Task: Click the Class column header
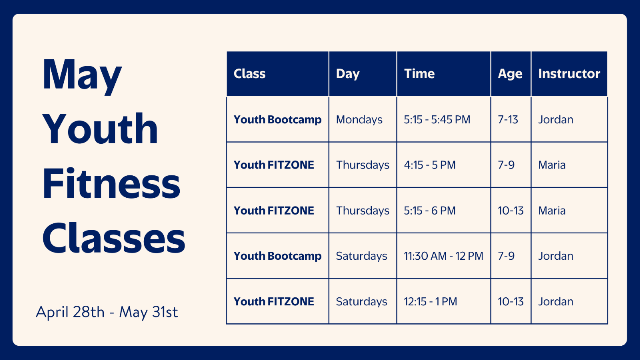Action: click(249, 74)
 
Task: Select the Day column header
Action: click(348, 74)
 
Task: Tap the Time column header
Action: click(419, 74)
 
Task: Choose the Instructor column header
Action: click(569, 74)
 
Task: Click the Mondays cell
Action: click(359, 120)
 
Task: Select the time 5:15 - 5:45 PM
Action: click(437, 119)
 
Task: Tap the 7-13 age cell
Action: click(508, 119)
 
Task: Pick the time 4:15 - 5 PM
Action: click(430, 165)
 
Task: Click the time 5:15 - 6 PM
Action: click(430, 211)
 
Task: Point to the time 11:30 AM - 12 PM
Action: click(443, 256)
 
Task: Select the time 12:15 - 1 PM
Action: click(431, 301)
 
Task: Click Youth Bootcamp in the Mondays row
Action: click(277, 120)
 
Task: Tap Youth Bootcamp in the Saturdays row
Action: click(277, 256)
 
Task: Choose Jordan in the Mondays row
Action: click(556, 119)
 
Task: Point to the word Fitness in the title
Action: click(111, 183)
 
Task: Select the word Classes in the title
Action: click(114, 238)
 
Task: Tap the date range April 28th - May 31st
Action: click(107, 312)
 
